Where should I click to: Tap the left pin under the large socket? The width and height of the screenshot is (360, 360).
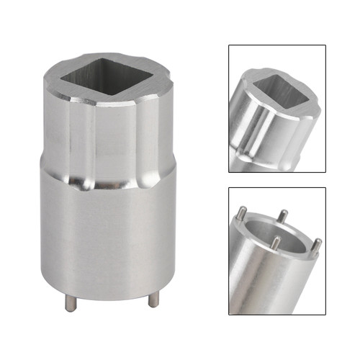pos(70,303)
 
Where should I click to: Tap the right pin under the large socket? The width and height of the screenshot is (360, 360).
pos(153,300)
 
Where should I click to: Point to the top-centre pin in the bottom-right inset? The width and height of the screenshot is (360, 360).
pos(283,216)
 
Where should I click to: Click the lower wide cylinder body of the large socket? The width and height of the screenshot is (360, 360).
pos(108,238)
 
